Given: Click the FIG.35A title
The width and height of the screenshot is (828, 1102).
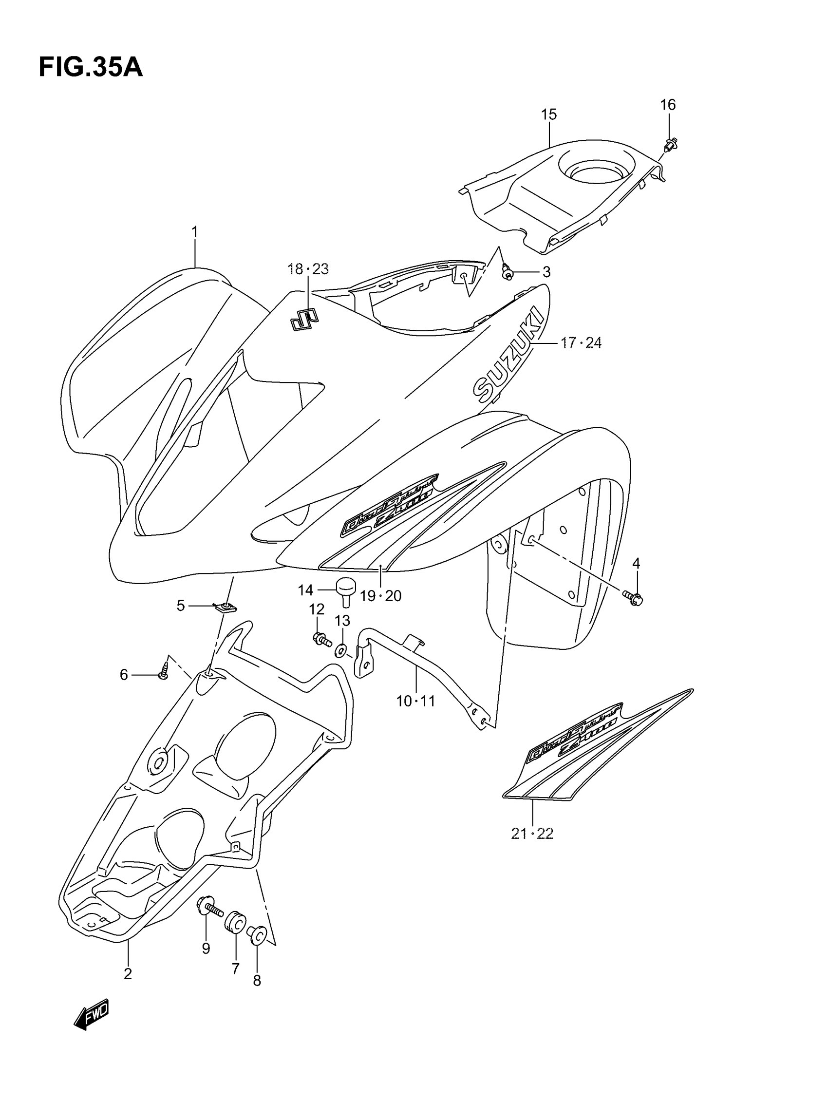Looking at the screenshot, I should tap(91, 68).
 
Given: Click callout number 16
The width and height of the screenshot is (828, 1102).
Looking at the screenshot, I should tap(668, 105).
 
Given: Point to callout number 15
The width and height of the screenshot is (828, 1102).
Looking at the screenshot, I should tap(548, 114).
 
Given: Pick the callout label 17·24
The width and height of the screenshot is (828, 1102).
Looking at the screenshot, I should tap(581, 343).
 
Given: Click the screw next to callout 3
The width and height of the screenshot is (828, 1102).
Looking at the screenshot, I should tap(507, 272).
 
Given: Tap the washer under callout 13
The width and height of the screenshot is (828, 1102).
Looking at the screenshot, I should tap(341, 650).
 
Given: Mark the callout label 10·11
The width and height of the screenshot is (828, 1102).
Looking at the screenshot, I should tap(415, 702).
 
